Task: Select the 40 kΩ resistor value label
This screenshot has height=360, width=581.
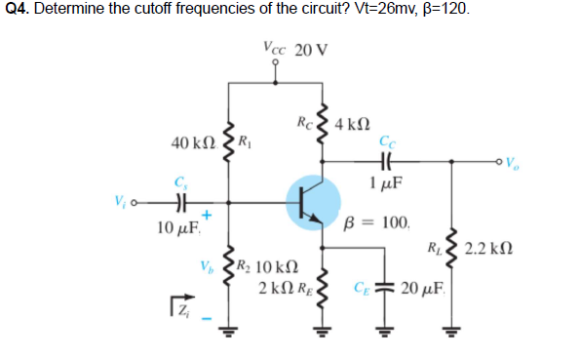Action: pos(191,143)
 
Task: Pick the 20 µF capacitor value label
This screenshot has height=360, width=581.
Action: pos(426,290)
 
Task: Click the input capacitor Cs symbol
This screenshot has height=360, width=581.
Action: pos(179,206)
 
